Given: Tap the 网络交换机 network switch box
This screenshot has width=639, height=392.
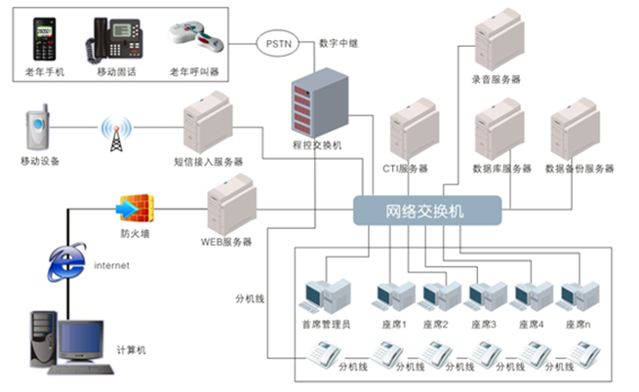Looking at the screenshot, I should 427,211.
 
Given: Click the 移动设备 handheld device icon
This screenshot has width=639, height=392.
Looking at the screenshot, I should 37,131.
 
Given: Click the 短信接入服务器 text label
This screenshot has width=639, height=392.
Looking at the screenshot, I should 208,162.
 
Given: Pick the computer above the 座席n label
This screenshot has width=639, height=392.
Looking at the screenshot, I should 577,295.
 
